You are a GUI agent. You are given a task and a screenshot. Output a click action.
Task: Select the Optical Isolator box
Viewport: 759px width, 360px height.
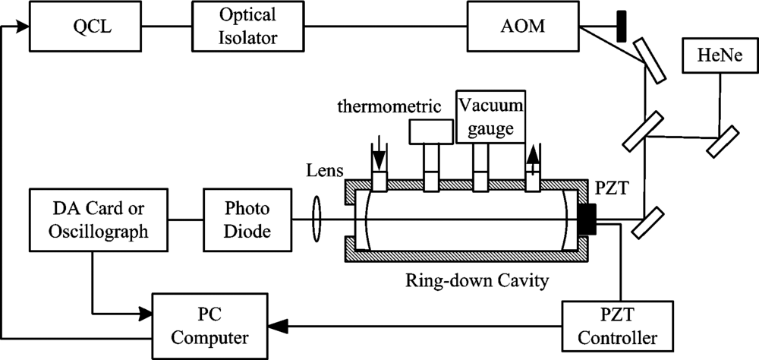click(248, 26)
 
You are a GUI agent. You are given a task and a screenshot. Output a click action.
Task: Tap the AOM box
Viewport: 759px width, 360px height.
click(523, 26)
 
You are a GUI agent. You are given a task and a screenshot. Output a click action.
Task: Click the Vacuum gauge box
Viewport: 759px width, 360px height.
click(490, 117)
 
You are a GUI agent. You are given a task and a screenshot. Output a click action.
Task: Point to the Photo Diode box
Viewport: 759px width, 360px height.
click(247, 220)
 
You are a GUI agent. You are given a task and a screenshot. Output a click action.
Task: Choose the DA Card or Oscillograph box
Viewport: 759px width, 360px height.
click(98, 220)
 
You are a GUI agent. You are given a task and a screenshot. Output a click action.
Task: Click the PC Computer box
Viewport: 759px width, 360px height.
click(210, 326)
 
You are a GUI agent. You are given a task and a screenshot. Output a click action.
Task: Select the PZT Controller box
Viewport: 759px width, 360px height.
click(618, 326)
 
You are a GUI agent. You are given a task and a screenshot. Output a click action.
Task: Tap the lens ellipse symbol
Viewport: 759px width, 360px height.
click(317, 219)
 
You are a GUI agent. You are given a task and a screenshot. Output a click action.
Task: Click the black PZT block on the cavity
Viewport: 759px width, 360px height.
click(587, 219)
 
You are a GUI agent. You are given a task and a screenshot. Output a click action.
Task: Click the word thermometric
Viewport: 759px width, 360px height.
click(389, 106)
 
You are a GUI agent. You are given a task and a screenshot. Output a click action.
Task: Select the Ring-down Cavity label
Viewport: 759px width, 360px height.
click(477, 279)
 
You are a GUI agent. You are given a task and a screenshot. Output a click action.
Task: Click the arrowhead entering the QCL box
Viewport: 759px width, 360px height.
click(22, 27)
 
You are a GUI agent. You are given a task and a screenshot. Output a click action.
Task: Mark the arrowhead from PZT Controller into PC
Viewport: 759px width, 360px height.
click(277, 326)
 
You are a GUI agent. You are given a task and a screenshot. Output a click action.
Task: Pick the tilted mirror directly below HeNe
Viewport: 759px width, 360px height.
click(723, 141)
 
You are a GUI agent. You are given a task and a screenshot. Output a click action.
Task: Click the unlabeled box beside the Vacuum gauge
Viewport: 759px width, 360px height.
click(431, 131)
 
